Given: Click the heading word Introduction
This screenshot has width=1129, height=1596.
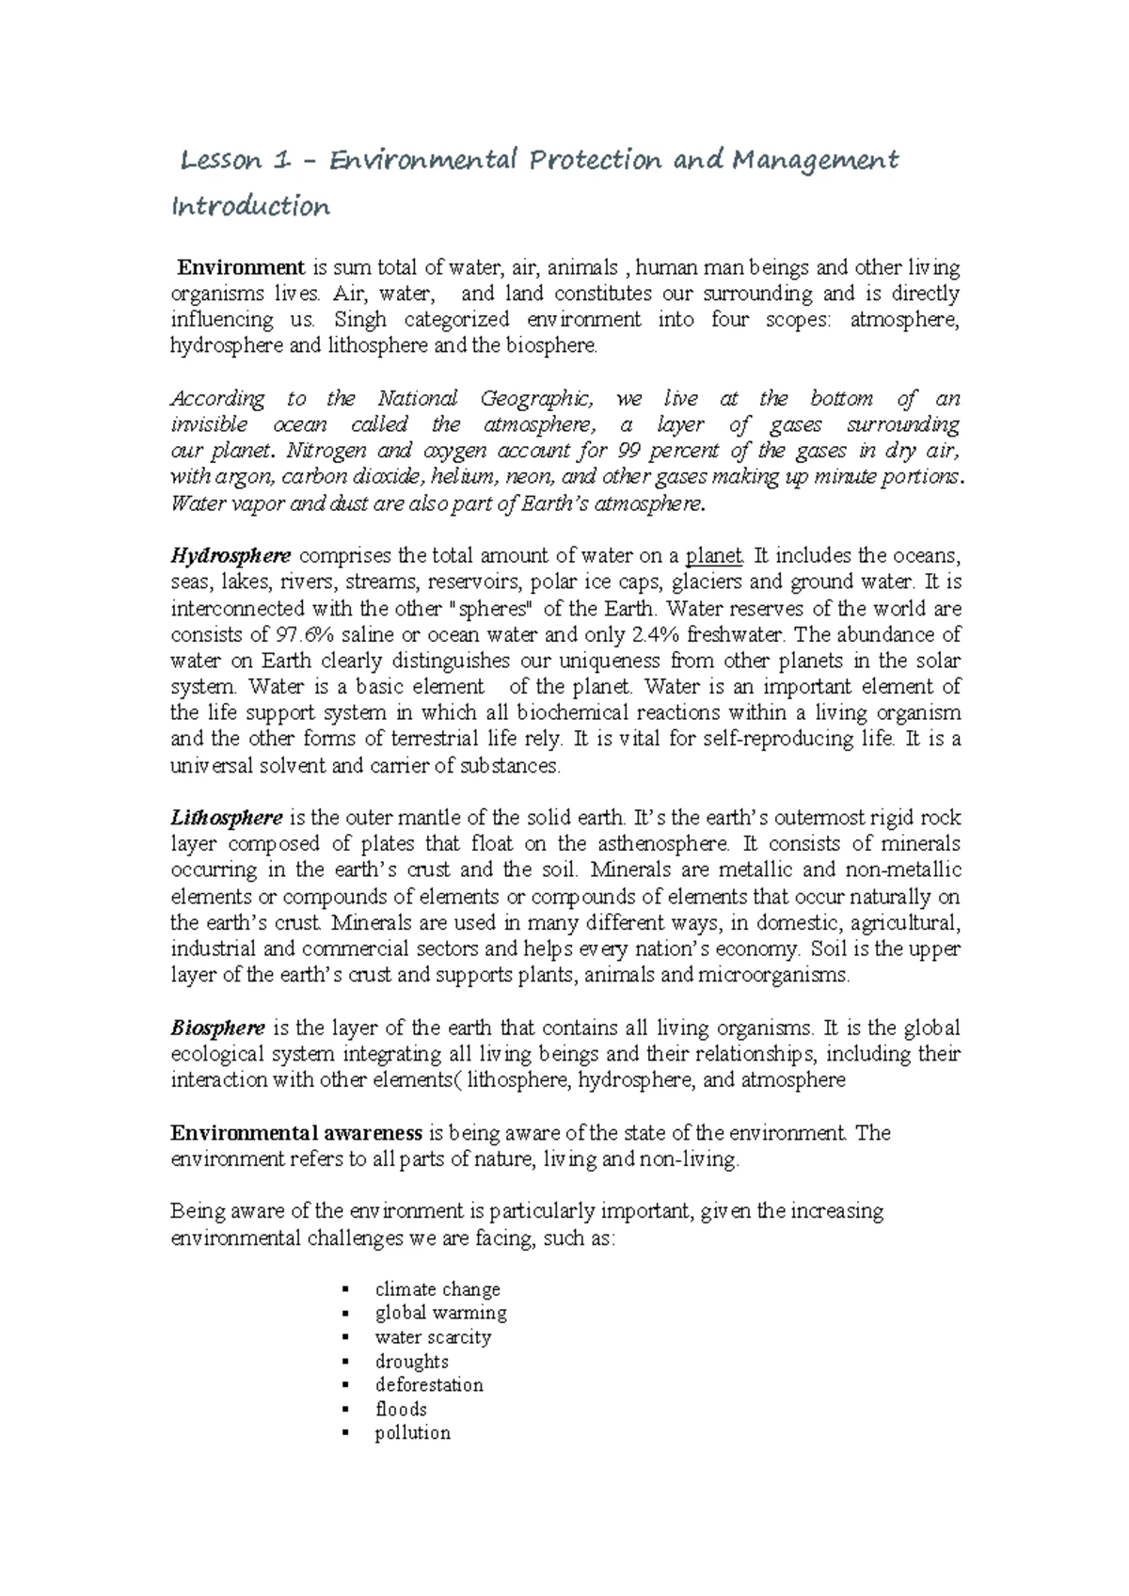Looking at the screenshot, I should (250, 207).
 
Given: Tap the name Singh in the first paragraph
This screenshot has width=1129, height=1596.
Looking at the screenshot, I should (360, 320).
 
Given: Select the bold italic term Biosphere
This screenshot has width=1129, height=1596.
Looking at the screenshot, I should (217, 1028).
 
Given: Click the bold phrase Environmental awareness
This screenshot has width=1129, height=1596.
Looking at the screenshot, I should (295, 1133).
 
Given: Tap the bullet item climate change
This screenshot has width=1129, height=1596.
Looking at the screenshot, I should (437, 1289).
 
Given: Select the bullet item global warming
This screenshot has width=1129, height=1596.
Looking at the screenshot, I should (440, 1313).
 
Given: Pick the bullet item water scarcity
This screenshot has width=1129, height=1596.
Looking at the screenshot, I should (433, 1337).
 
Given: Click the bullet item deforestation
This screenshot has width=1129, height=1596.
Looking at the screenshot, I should (429, 1385).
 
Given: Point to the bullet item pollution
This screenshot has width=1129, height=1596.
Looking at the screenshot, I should (412, 1433).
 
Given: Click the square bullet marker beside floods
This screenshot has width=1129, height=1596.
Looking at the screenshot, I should (346, 1410).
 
